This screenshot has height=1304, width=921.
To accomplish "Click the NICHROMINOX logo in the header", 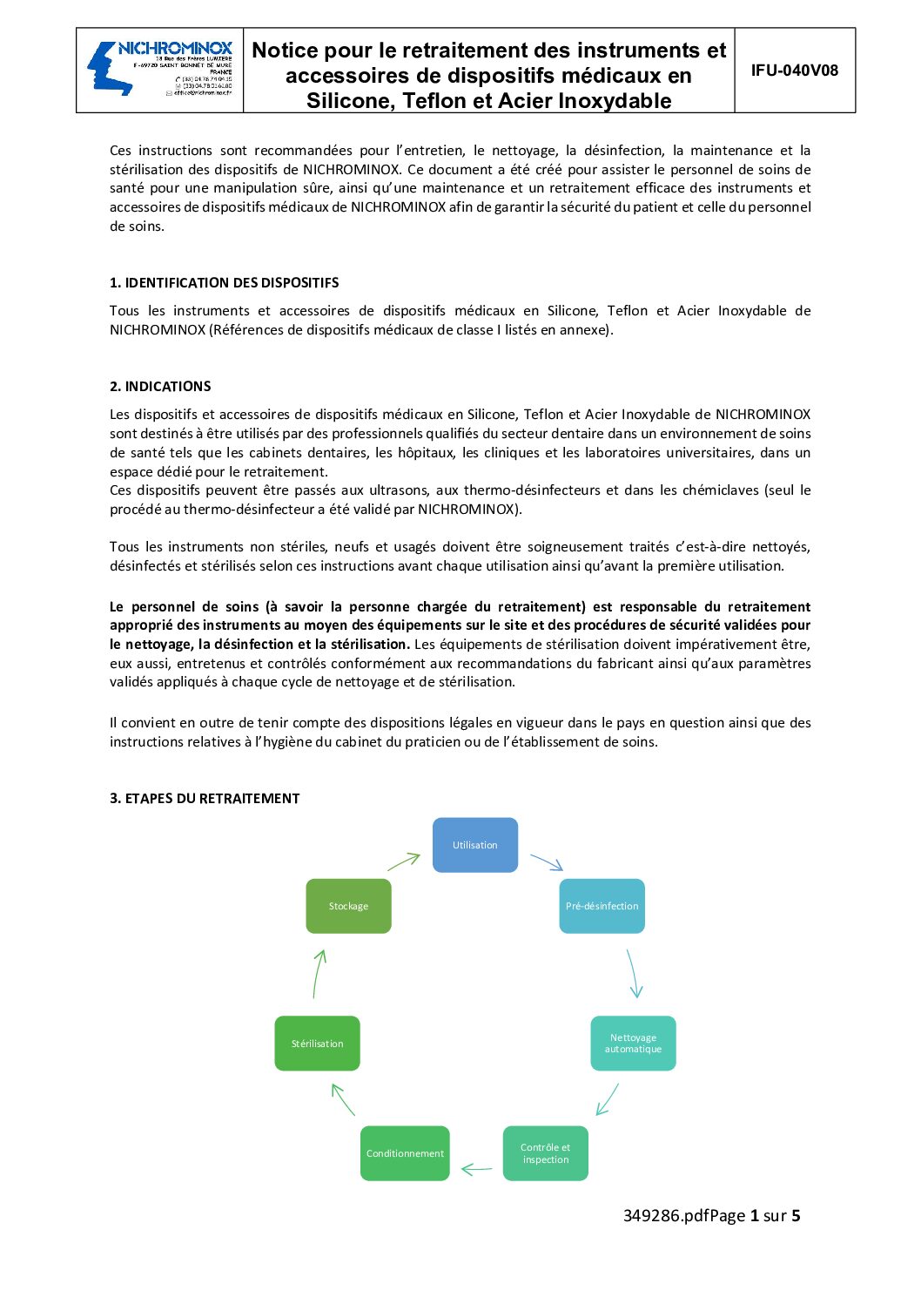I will pyautogui.click(x=159, y=69).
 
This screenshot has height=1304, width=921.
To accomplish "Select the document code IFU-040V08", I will pyautogui.click(x=794, y=71).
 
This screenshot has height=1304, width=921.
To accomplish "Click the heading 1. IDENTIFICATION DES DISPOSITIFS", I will pyautogui.click(x=224, y=282).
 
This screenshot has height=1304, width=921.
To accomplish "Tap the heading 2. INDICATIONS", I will pyautogui.click(x=160, y=386).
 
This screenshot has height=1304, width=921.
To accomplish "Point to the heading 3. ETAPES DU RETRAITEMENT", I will pyautogui.click(x=205, y=798).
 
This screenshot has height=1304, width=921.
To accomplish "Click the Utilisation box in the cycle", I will pyautogui.click(x=475, y=845).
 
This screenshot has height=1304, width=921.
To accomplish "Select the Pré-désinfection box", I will pyautogui.click(x=602, y=906).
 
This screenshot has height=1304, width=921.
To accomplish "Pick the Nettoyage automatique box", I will pyautogui.click(x=633, y=1043).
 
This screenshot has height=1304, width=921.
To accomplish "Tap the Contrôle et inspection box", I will pyautogui.click(x=546, y=1153).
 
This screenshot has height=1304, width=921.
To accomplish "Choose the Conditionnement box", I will pyautogui.click(x=405, y=1153).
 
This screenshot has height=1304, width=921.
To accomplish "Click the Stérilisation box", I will pyautogui.click(x=317, y=1043).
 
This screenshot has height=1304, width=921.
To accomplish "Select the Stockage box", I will pyautogui.click(x=348, y=906).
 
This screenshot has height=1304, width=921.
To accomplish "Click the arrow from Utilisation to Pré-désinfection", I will pyautogui.click(x=547, y=862).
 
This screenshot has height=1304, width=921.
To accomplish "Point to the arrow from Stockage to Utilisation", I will pyautogui.click(x=404, y=861).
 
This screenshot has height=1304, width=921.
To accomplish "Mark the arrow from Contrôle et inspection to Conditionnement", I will pyautogui.click(x=476, y=1169).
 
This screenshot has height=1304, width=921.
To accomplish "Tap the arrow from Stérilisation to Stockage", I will pyautogui.click(x=319, y=974).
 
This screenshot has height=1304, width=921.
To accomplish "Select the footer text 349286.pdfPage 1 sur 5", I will pyautogui.click(x=711, y=1215).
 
